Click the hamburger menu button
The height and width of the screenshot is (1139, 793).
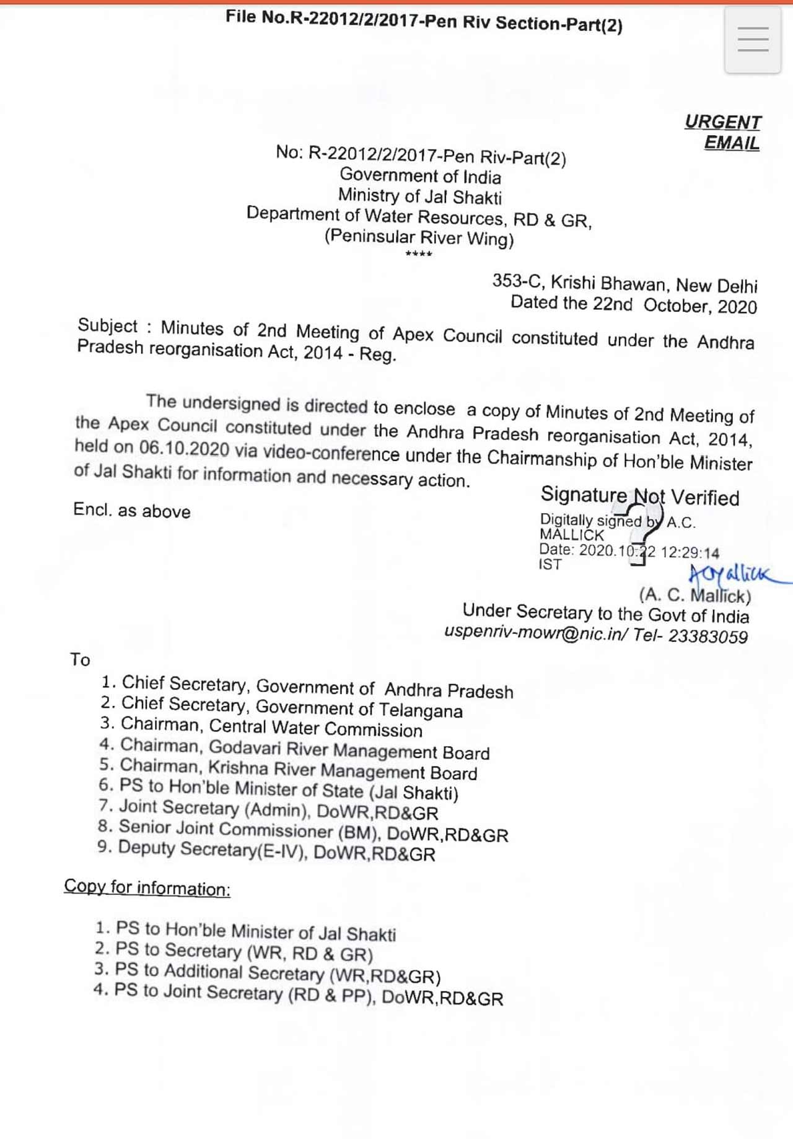coord(753,40)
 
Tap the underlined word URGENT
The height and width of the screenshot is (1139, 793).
coord(722,122)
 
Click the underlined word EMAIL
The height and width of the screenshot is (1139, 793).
coord(732,143)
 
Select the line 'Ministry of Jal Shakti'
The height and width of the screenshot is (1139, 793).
coord(419,196)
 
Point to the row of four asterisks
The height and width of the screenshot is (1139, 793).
coord(419,254)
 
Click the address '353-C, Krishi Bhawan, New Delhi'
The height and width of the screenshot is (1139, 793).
coord(624,284)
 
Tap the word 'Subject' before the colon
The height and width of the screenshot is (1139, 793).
coord(107,326)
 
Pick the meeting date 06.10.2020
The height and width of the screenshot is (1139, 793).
coord(183,448)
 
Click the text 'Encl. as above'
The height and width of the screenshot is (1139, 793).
coord(131,511)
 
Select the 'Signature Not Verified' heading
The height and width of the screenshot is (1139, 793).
coord(639,496)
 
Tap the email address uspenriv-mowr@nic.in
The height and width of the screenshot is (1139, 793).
coord(536,633)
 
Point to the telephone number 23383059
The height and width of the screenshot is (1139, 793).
coord(708,636)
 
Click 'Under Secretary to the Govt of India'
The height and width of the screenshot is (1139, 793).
coord(605,613)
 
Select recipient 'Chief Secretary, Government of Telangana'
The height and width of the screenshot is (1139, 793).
coord(291,707)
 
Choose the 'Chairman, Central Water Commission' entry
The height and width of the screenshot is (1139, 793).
coord(271,727)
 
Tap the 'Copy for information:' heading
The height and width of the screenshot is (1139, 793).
coord(147,887)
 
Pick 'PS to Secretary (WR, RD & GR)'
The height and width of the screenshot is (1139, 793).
coord(243,952)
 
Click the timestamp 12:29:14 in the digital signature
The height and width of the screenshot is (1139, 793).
coord(690,553)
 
